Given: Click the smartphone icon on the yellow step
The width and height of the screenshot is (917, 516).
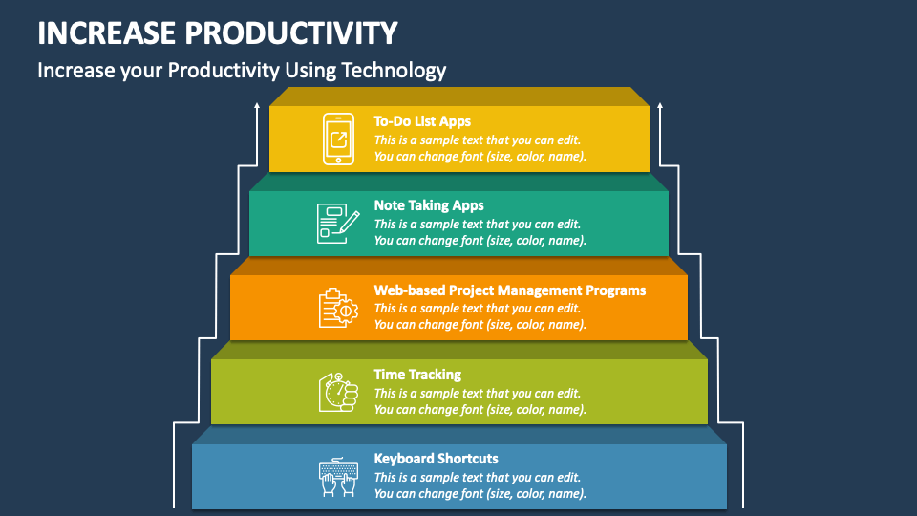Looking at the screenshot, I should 337,139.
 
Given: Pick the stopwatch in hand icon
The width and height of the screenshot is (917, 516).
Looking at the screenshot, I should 338,392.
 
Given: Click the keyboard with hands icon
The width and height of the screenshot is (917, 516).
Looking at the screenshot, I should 338,476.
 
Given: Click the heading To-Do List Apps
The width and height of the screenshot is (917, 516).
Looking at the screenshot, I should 422,121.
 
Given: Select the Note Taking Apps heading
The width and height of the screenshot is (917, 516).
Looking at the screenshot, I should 429,205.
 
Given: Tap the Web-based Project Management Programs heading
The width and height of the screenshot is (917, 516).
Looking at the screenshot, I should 509,290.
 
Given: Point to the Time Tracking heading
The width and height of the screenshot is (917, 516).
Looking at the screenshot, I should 417,375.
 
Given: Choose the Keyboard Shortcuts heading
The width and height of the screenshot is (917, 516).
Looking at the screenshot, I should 436,459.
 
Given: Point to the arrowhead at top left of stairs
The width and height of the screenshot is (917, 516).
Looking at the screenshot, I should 257,109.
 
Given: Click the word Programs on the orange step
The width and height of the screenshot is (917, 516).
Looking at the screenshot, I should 616,290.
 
